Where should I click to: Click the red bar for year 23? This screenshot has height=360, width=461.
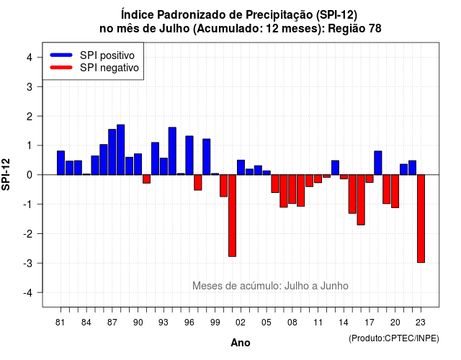(421, 219)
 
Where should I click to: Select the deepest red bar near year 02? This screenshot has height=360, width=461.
(232, 216)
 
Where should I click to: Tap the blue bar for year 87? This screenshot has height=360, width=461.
(112, 152)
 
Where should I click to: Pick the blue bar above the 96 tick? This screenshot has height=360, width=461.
(189, 156)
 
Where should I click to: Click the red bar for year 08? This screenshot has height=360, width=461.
(292, 189)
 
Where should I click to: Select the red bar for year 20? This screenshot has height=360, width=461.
(395, 192)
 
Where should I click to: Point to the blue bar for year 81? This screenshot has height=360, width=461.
(61, 163)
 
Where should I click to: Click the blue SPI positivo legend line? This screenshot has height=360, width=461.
(61, 55)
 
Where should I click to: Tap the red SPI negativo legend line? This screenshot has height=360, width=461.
(61, 67)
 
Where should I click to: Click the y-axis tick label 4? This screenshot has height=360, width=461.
(30, 58)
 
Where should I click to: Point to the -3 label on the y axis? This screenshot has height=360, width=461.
(28, 263)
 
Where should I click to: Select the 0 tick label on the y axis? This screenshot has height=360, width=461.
(30, 175)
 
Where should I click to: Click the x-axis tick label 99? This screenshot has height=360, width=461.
(215, 323)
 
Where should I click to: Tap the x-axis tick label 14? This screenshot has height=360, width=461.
(344, 323)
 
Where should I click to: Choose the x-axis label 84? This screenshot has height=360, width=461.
(86, 323)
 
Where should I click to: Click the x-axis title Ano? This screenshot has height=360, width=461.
(241, 343)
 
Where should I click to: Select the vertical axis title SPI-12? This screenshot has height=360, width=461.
(6, 174)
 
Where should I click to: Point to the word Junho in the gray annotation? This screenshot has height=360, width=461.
(334, 286)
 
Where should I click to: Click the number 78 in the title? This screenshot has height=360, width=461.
(375, 29)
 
